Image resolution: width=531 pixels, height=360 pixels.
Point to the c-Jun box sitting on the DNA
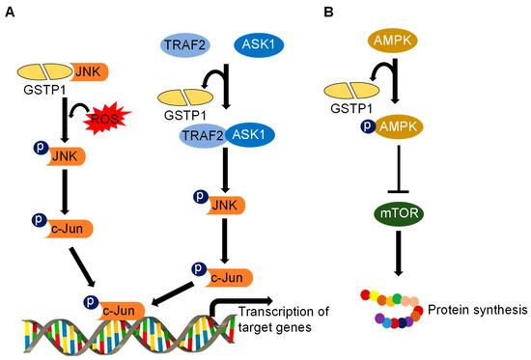[x=121, y=310]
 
